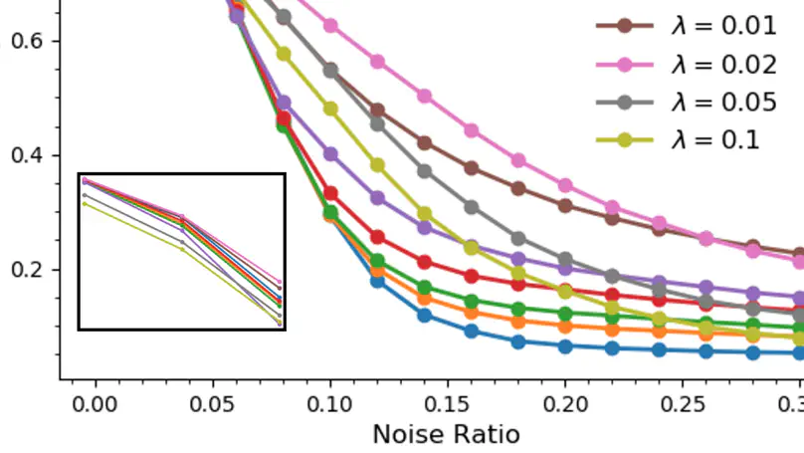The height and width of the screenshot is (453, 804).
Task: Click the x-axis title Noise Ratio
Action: [446, 434]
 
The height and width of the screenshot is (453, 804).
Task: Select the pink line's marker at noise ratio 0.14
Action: [425, 97]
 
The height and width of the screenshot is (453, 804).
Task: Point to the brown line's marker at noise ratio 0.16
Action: [472, 168]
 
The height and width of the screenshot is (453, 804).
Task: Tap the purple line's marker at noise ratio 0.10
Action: [330, 154]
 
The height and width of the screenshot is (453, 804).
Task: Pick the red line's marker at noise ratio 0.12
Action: [378, 238]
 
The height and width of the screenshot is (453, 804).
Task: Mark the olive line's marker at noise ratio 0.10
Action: [330, 109]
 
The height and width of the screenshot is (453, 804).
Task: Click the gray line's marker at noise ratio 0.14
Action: [425, 171]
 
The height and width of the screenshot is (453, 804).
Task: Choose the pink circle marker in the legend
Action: [624, 65]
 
